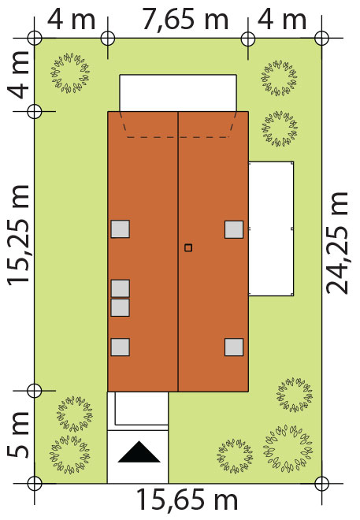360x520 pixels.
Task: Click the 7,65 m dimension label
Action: (185, 20)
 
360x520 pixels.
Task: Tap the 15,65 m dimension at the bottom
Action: (187, 500)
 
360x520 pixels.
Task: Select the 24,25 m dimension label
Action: (337, 243)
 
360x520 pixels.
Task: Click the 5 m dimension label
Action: (19, 435)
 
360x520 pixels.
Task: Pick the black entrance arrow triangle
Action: (139, 451)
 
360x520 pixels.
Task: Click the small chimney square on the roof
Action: (188, 247)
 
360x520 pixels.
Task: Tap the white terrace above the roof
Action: (178, 93)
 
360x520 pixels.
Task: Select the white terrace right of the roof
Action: (271, 228)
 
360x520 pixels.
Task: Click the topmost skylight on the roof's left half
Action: (120, 228)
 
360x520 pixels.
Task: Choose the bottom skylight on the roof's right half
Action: (234, 347)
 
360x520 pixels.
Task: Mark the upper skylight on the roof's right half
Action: (234, 229)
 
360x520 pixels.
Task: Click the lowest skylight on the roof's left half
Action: (120, 347)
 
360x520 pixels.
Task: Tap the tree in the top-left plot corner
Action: (70, 73)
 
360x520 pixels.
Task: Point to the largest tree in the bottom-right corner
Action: (288, 448)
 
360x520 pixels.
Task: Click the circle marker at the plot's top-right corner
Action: (321, 38)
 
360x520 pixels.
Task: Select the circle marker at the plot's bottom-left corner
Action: (34, 484)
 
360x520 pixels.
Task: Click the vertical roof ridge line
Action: (178, 251)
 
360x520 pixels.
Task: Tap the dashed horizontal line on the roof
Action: (178, 137)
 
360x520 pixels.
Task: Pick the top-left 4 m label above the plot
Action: (71, 20)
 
